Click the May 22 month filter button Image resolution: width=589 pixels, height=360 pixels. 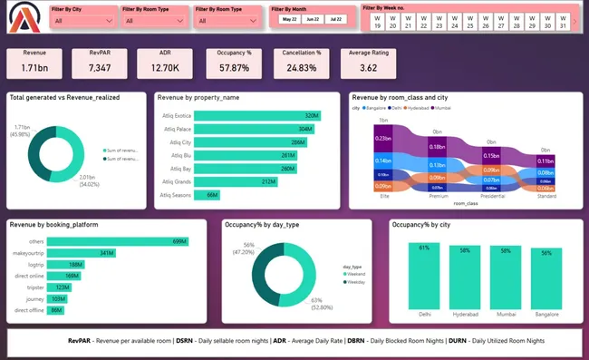point(289,19)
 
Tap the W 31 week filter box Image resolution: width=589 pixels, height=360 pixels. point(562,22)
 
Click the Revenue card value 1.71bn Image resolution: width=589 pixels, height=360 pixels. point(35,67)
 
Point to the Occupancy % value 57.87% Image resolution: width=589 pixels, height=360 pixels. point(234,67)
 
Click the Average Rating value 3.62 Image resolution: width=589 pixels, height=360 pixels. point(368,67)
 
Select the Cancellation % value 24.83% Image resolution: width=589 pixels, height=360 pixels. point(301,67)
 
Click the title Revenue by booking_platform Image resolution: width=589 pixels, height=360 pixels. point(53,224)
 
